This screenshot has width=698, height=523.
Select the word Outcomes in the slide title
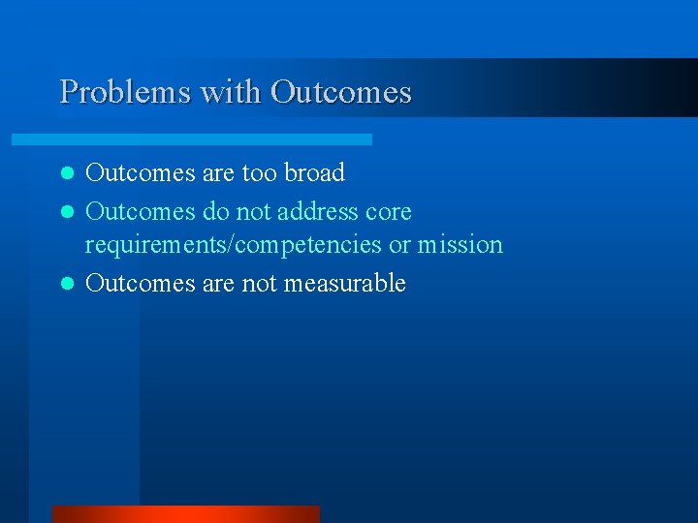click(x=341, y=92)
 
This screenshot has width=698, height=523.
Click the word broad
click(x=314, y=173)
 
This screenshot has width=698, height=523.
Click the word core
click(x=390, y=211)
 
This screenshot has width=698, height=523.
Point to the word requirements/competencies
click(x=234, y=245)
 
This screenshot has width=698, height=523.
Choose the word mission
click(x=460, y=245)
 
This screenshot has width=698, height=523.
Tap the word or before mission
click(x=399, y=245)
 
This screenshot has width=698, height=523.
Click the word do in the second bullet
click(x=216, y=211)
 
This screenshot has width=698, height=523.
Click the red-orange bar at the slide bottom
click(x=185, y=514)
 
